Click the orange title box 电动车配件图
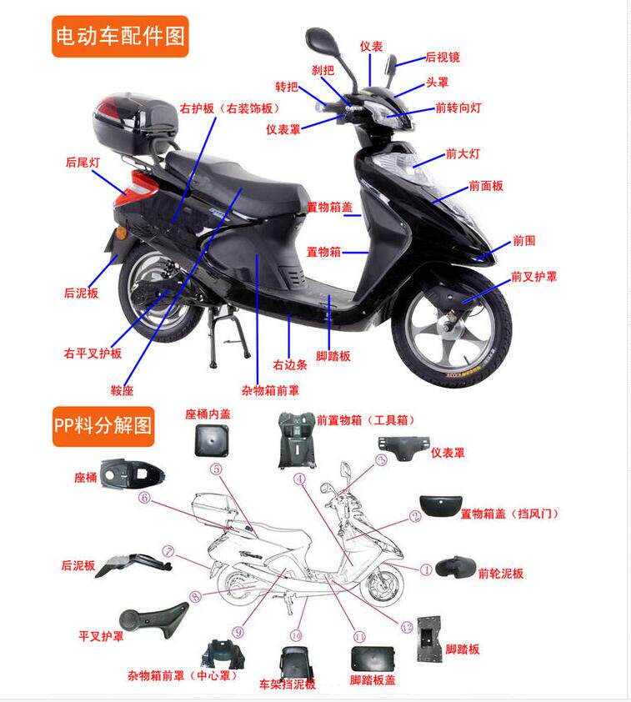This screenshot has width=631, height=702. [x=121, y=36]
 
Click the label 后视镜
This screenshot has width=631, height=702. [x=443, y=58]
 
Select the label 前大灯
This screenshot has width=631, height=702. [x=463, y=153]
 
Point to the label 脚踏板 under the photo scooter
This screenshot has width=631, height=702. [x=333, y=356]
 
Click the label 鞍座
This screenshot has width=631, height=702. [x=122, y=389]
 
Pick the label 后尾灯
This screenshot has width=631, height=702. [x=83, y=163]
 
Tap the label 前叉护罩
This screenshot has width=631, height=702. [x=534, y=276]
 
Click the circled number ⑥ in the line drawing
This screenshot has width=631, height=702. [x=144, y=498]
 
